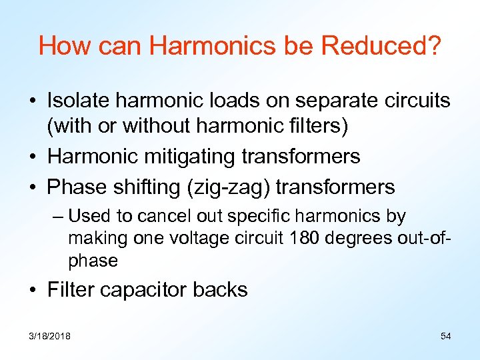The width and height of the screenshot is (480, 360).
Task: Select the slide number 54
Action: pos(446,336)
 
